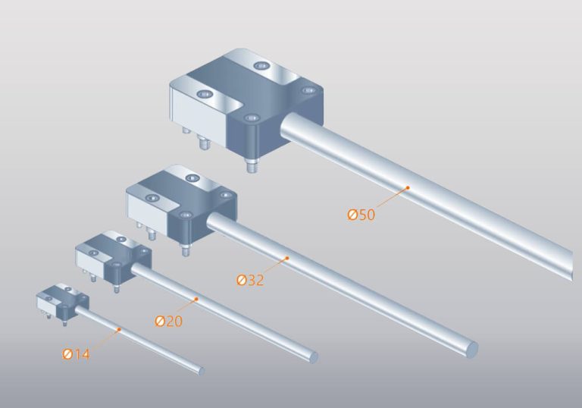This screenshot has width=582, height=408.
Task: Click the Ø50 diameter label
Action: click(x=361, y=215)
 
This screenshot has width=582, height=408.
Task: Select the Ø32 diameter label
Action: click(x=250, y=280)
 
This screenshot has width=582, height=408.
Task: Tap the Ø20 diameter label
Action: click(x=168, y=321)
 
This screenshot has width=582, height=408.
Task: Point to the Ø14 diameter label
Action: click(x=76, y=354)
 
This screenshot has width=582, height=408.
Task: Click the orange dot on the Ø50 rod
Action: click(x=407, y=187)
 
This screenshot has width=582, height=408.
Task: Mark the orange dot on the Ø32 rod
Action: click(x=287, y=259)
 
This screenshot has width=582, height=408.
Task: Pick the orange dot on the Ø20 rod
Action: click(x=196, y=299)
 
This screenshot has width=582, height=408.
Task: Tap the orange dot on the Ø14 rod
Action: click(x=120, y=329)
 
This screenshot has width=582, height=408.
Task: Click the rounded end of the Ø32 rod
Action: click(x=471, y=350)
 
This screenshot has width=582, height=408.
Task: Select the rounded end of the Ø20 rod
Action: click(x=313, y=356)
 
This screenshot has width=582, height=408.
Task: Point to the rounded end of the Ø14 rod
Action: click(x=201, y=371)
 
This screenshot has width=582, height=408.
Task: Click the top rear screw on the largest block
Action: click(x=262, y=66)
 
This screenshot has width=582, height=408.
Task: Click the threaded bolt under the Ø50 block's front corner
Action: click(x=250, y=166)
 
